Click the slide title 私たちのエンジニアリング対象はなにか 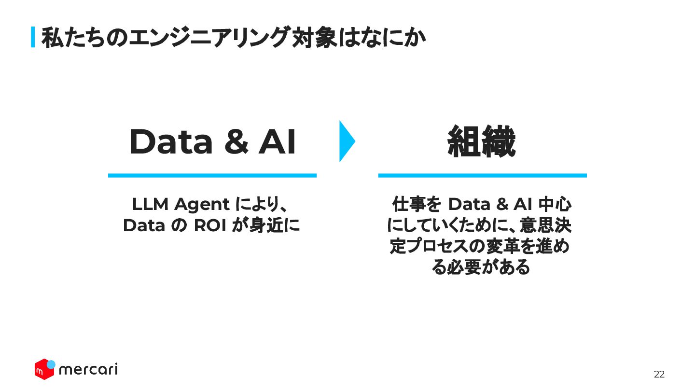234,38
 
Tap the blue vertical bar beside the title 33,37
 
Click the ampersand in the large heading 235,142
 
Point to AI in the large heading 277,142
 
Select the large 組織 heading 482,142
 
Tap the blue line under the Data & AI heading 212,175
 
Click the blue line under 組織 482,175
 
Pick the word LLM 151,205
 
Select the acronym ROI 210,225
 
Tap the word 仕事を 417,205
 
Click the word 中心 555,205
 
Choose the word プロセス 437,246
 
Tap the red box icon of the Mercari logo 44,370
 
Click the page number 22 659,375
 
